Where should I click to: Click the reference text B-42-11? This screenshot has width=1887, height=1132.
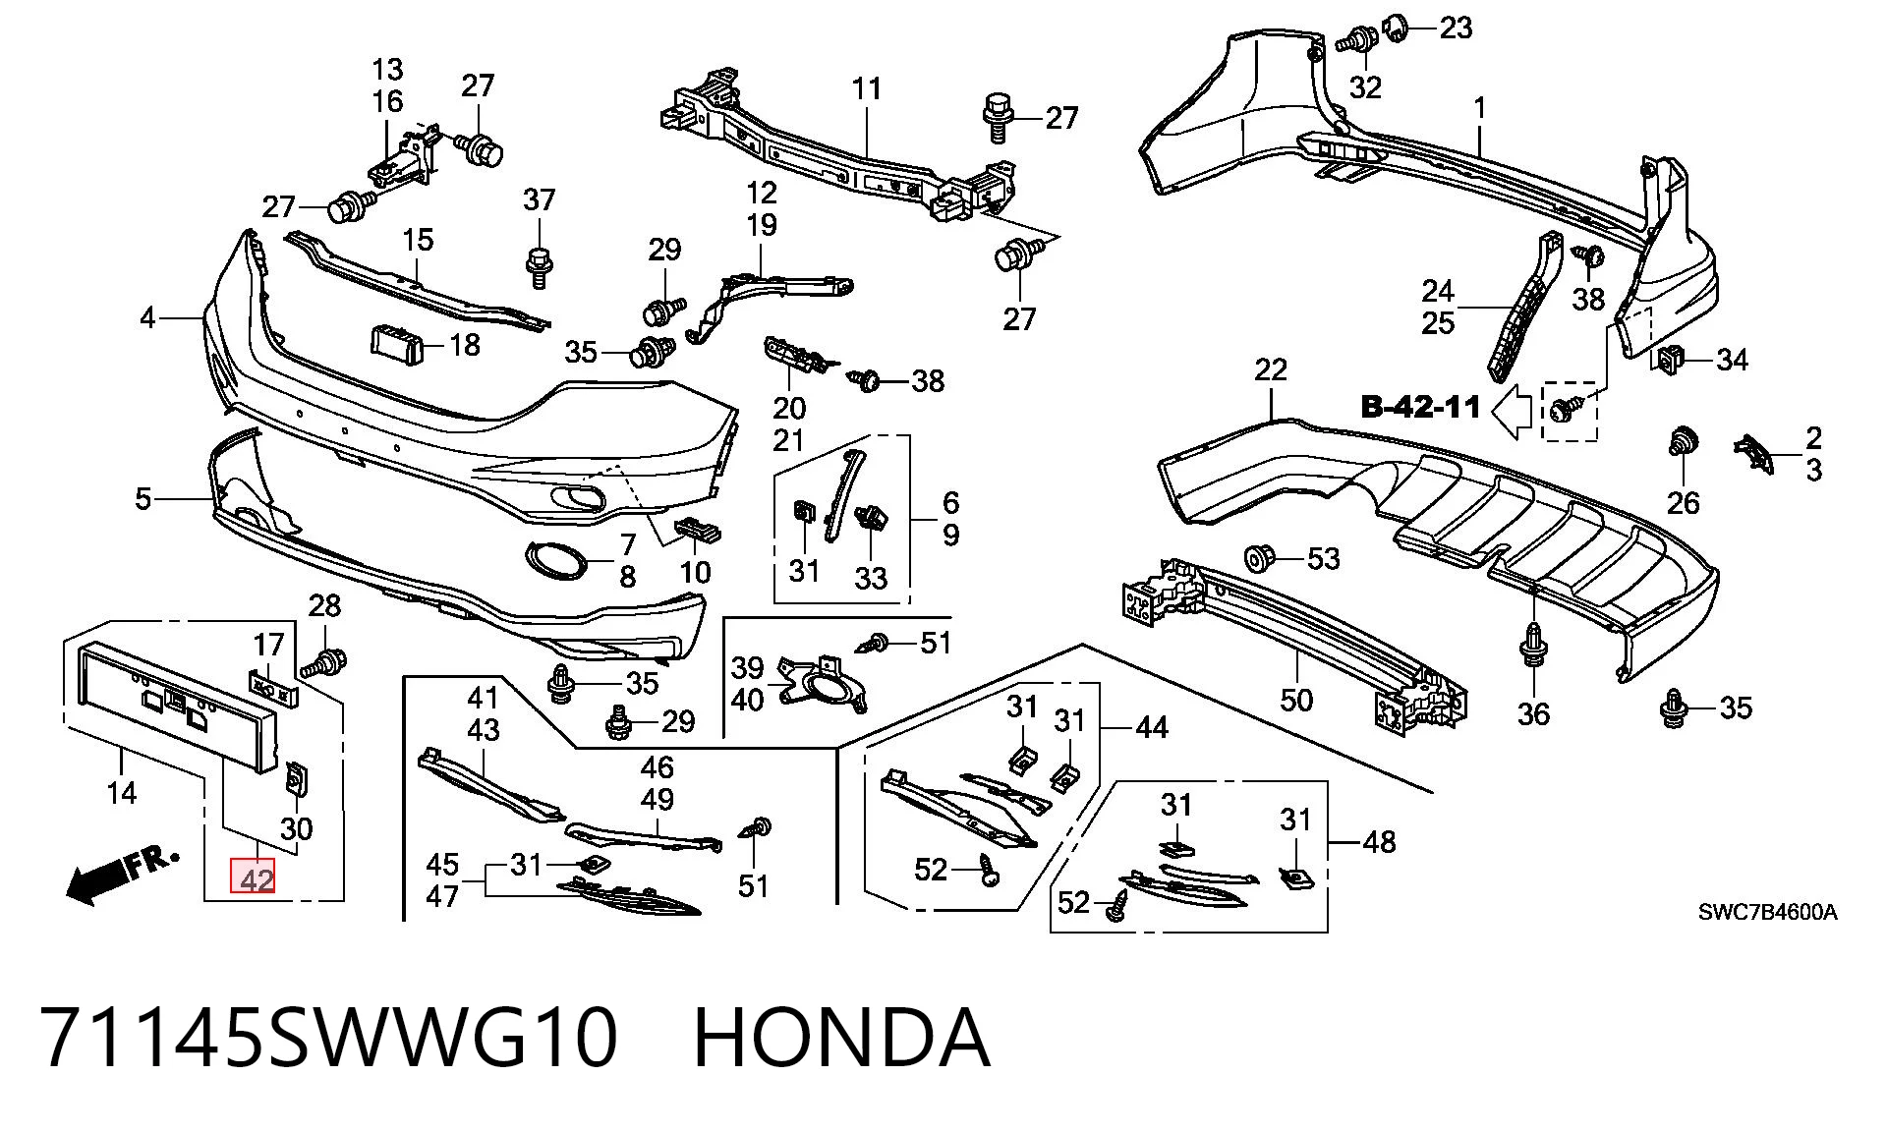coord(1420,407)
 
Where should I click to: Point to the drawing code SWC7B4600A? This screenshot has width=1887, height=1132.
coord(1767,912)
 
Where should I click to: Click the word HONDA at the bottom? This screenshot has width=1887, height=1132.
coord(841,1038)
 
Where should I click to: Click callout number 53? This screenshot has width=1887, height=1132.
coord(1323,559)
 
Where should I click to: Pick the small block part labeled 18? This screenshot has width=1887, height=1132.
coord(395,344)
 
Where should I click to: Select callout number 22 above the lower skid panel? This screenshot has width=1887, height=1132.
coord(1271,370)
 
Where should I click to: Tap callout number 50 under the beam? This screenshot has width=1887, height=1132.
coord(1296,700)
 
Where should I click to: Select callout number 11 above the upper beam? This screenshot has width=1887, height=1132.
coord(866,89)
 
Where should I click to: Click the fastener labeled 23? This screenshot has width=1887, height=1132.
coord(1397,28)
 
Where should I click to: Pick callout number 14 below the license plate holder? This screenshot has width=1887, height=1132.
coord(121,792)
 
